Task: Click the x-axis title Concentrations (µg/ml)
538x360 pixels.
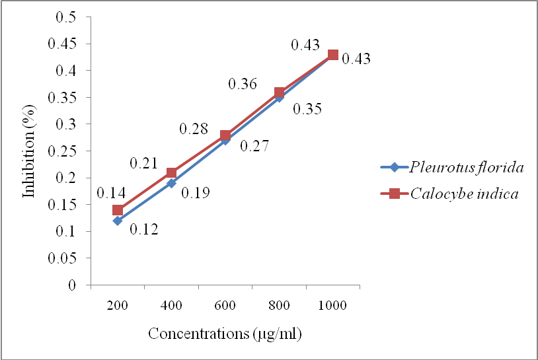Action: (x=225, y=334)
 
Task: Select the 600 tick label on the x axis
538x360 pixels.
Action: (x=225, y=308)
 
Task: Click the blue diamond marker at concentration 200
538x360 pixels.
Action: (x=118, y=221)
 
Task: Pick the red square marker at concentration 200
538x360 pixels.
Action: (x=118, y=210)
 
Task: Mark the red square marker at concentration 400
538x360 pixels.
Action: (x=171, y=172)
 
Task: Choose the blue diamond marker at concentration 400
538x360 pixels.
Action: (x=171, y=183)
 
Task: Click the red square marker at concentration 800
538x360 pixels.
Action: (x=279, y=92)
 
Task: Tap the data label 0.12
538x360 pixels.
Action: (x=143, y=230)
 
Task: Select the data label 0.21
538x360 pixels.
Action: (x=143, y=162)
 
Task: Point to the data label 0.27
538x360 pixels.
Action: (x=254, y=146)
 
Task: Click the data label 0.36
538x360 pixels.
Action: (x=243, y=84)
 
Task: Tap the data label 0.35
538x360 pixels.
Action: (x=308, y=109)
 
